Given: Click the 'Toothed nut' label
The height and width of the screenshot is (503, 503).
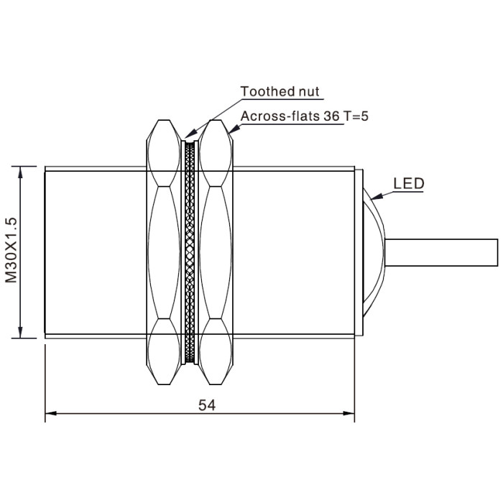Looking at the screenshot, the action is pyautogui.click(x=280, y=91).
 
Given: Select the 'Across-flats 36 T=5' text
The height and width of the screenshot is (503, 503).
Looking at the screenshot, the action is pyautogui.click(x=305, y=116).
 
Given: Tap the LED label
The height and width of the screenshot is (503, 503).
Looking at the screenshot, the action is pyautogui.click(x=409, y=183).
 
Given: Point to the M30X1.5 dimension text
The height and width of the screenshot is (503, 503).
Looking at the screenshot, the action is pyautogui.click(x=11, y=250).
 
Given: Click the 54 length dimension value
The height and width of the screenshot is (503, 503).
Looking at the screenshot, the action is pyautogui.click(x=207, y=405).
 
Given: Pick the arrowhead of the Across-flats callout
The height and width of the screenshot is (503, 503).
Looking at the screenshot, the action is pyautogui.click(x=234, y=129).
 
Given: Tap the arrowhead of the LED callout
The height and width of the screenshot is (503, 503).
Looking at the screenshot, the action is pyautogui.click(x=377, y=196).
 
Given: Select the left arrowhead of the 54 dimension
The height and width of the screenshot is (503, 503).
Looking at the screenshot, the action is pyautogui.click(x=51, y=413).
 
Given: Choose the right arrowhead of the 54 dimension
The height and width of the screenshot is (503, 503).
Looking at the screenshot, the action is pyautogui.click(x=349, y=413).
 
